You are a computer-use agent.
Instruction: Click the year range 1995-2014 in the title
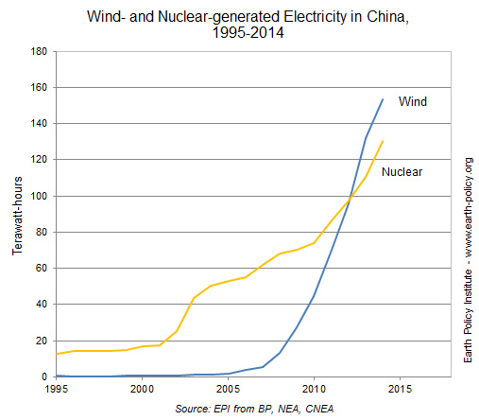pos(241,33)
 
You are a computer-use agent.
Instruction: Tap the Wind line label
pos(413,100)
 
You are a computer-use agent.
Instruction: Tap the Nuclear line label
pos(402,172)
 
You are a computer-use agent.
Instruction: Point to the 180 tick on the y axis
pos(39,51)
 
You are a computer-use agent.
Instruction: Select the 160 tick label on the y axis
pos(39,88)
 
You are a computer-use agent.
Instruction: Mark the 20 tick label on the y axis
pos(42,341)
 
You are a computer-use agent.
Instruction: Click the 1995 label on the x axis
pos(57,389)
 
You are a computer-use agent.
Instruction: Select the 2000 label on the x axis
pos(142,389)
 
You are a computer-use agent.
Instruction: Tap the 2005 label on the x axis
pos(228,389)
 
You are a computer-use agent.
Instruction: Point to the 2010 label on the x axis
pos(314,389)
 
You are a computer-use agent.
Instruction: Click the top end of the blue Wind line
pos(383,98)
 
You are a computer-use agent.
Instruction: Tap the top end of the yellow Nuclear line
pos(383,141)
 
